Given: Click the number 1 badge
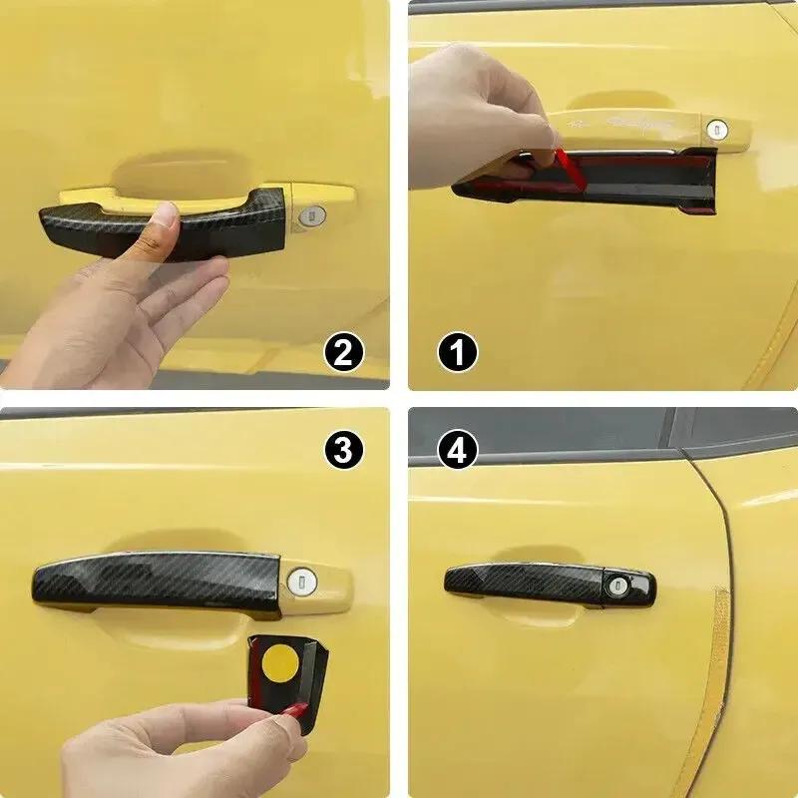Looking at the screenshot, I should click(458, 352).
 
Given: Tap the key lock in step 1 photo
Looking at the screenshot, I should click(716, 129).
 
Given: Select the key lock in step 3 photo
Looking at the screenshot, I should click(300, 579).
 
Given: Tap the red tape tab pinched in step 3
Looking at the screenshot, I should click(295, 710).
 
